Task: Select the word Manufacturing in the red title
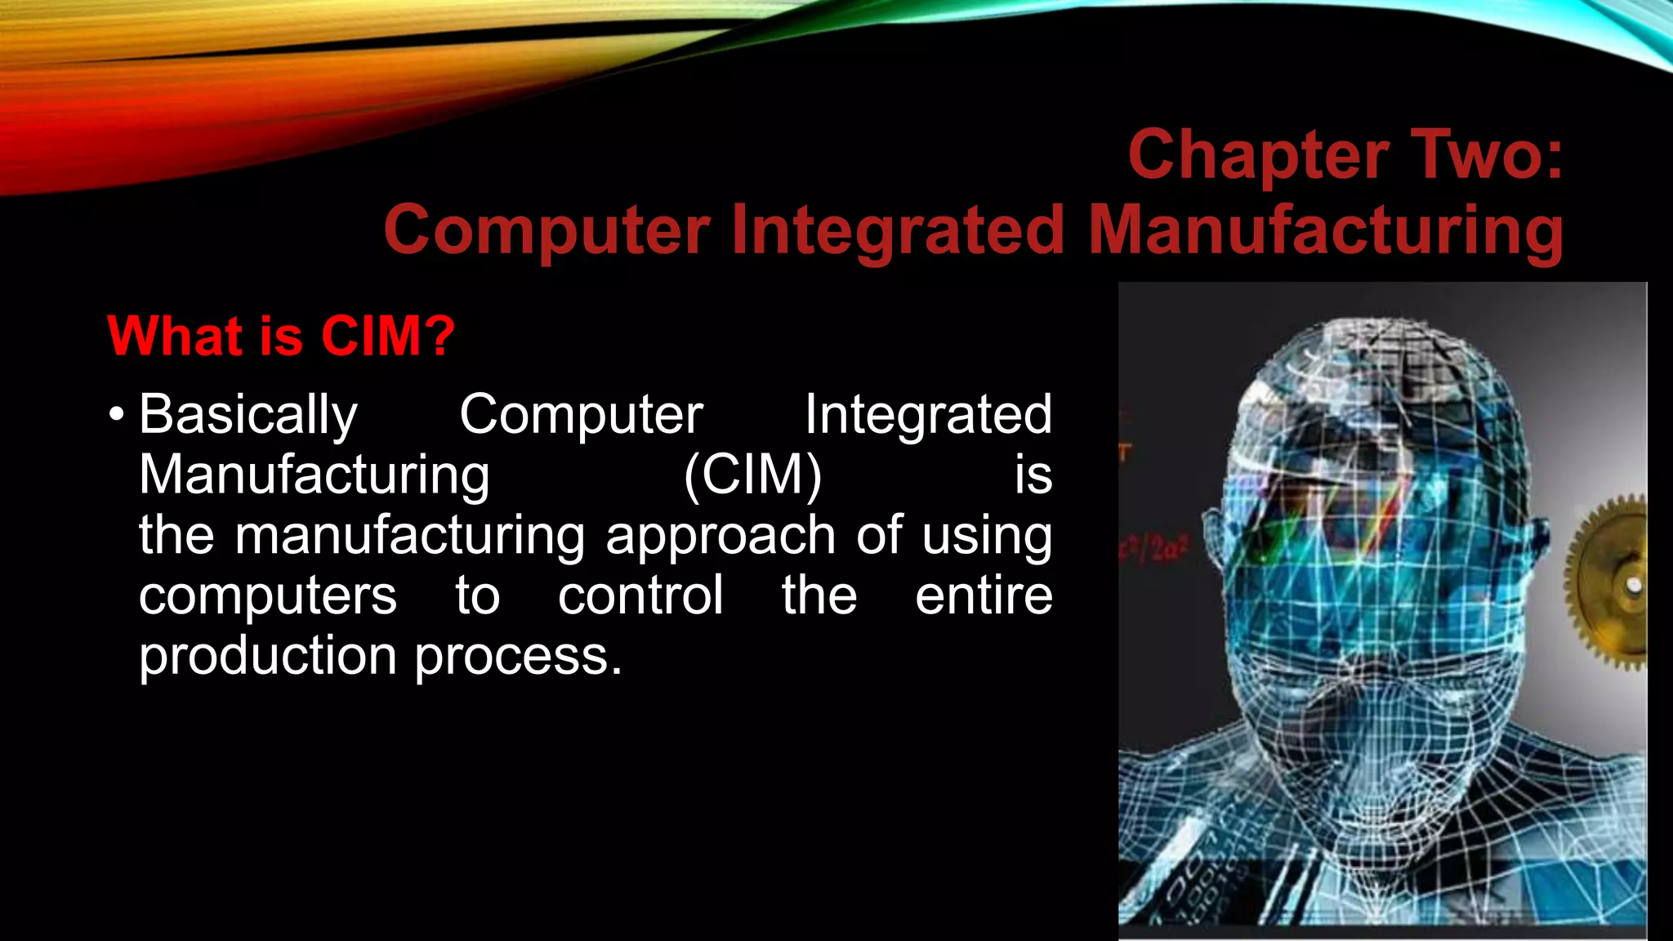click(x=1325, y=230)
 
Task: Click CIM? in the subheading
click(x=387, y=336)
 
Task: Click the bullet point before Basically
click(x=116, y=415)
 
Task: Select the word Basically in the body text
click(x=248, y=415)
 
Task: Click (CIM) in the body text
click(x=752, y=475)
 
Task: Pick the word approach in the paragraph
click(x=720, y=536)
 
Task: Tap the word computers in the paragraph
click(x=267, y=595)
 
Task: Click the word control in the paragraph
click(x=640, y=595)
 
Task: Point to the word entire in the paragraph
click(x=983, y=595)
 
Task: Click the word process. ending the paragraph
click(x=518, y=656)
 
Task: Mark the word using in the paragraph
click(x=987, y=536)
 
